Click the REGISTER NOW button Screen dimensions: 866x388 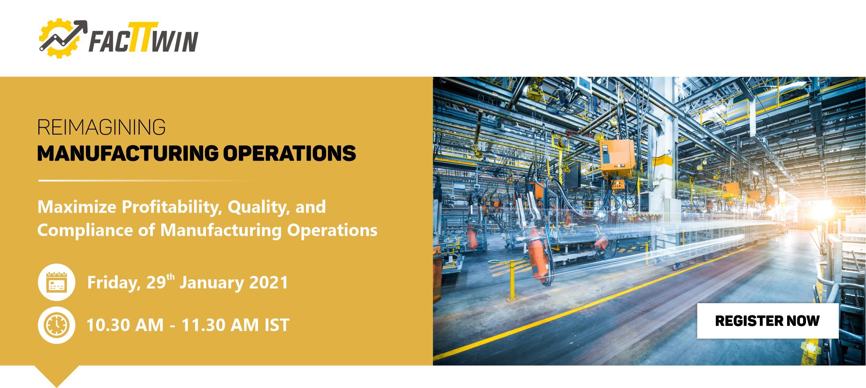click(x=768, y=321)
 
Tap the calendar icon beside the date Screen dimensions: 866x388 click(x=57, y=282)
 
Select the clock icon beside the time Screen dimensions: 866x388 click(x=57, y=325)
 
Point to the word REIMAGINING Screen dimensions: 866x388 click(x=101, y=127)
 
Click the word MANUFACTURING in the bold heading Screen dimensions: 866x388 click(x=128, y=153)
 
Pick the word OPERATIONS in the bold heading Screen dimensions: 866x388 click(x=289, y=153)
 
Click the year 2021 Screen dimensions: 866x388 click(x=268, y=283)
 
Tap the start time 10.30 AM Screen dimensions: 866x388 click(x=125, y=325)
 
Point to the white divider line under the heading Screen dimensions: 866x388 click(x=147, y=181)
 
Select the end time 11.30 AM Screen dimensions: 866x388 click(x=220, y=325)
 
